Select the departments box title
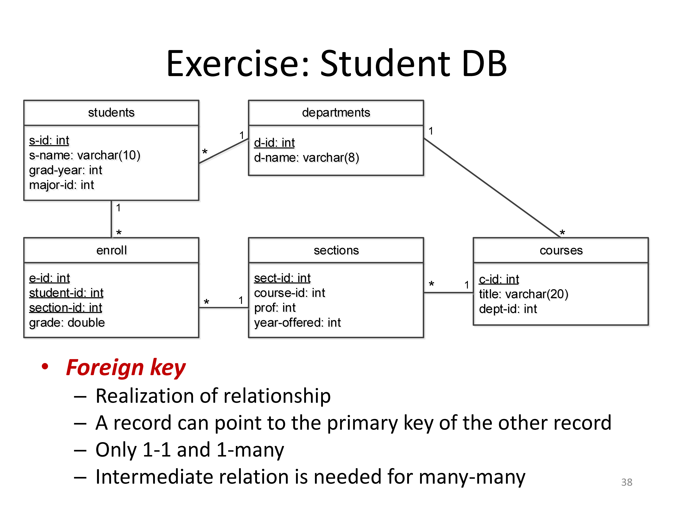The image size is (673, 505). [x=336, y=113]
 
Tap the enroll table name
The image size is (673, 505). [x=111, y=250]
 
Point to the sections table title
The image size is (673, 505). [x=336, y=250]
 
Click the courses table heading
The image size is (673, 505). [x=561, y=250]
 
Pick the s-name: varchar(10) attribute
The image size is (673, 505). [x=85, y=155]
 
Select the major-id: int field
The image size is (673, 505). [x=61, y=185]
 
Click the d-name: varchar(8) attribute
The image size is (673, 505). [x=306, y=158]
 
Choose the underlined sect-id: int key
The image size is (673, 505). [x=282, y=278]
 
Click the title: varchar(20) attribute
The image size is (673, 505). [x=523, y=294]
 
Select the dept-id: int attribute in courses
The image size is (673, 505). [x=508, y=309]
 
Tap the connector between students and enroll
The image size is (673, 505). [x=111, y=219]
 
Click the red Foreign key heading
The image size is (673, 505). [x=126, y=368]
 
